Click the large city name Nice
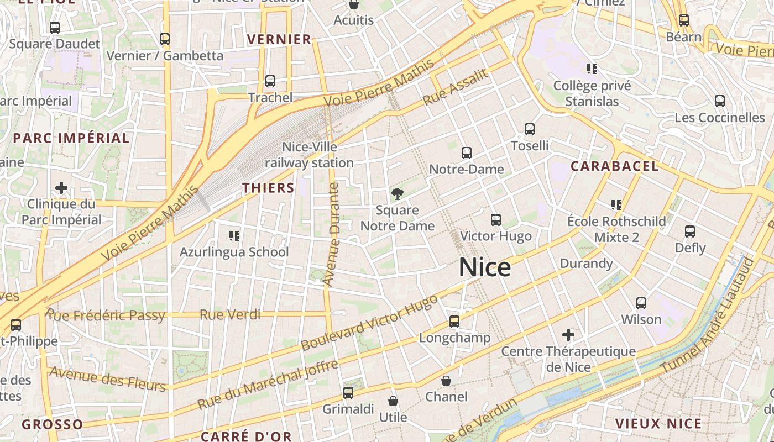click(485, 267)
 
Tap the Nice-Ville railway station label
click(310, 155)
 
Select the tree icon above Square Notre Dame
click(397, 193)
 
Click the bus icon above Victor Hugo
click(496, 220)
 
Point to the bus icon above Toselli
click(530, 129)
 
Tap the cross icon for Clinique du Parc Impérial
click(61, 188)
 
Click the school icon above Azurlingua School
click(234, 236)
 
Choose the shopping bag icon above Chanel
click(446, 381)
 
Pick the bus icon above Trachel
click(270, 81)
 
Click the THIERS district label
click(268, 188)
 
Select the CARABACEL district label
click(615, 166)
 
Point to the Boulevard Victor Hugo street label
click(369, 322)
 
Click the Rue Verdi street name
click(229, 315)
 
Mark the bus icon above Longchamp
click(454, 322)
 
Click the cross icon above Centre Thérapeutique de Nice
click(568, 335)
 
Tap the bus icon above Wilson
click(641, 303)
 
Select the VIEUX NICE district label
click(658, 424)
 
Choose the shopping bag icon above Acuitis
click(354, 4)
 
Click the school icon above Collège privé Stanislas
click(592, 69)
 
